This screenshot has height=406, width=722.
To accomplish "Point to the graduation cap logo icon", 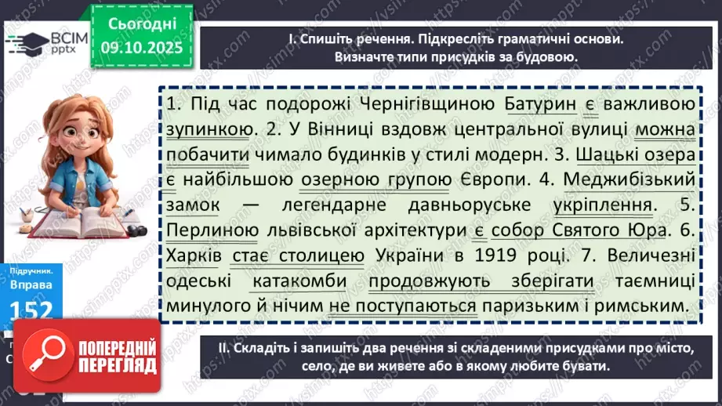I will (x=23, y=42).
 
